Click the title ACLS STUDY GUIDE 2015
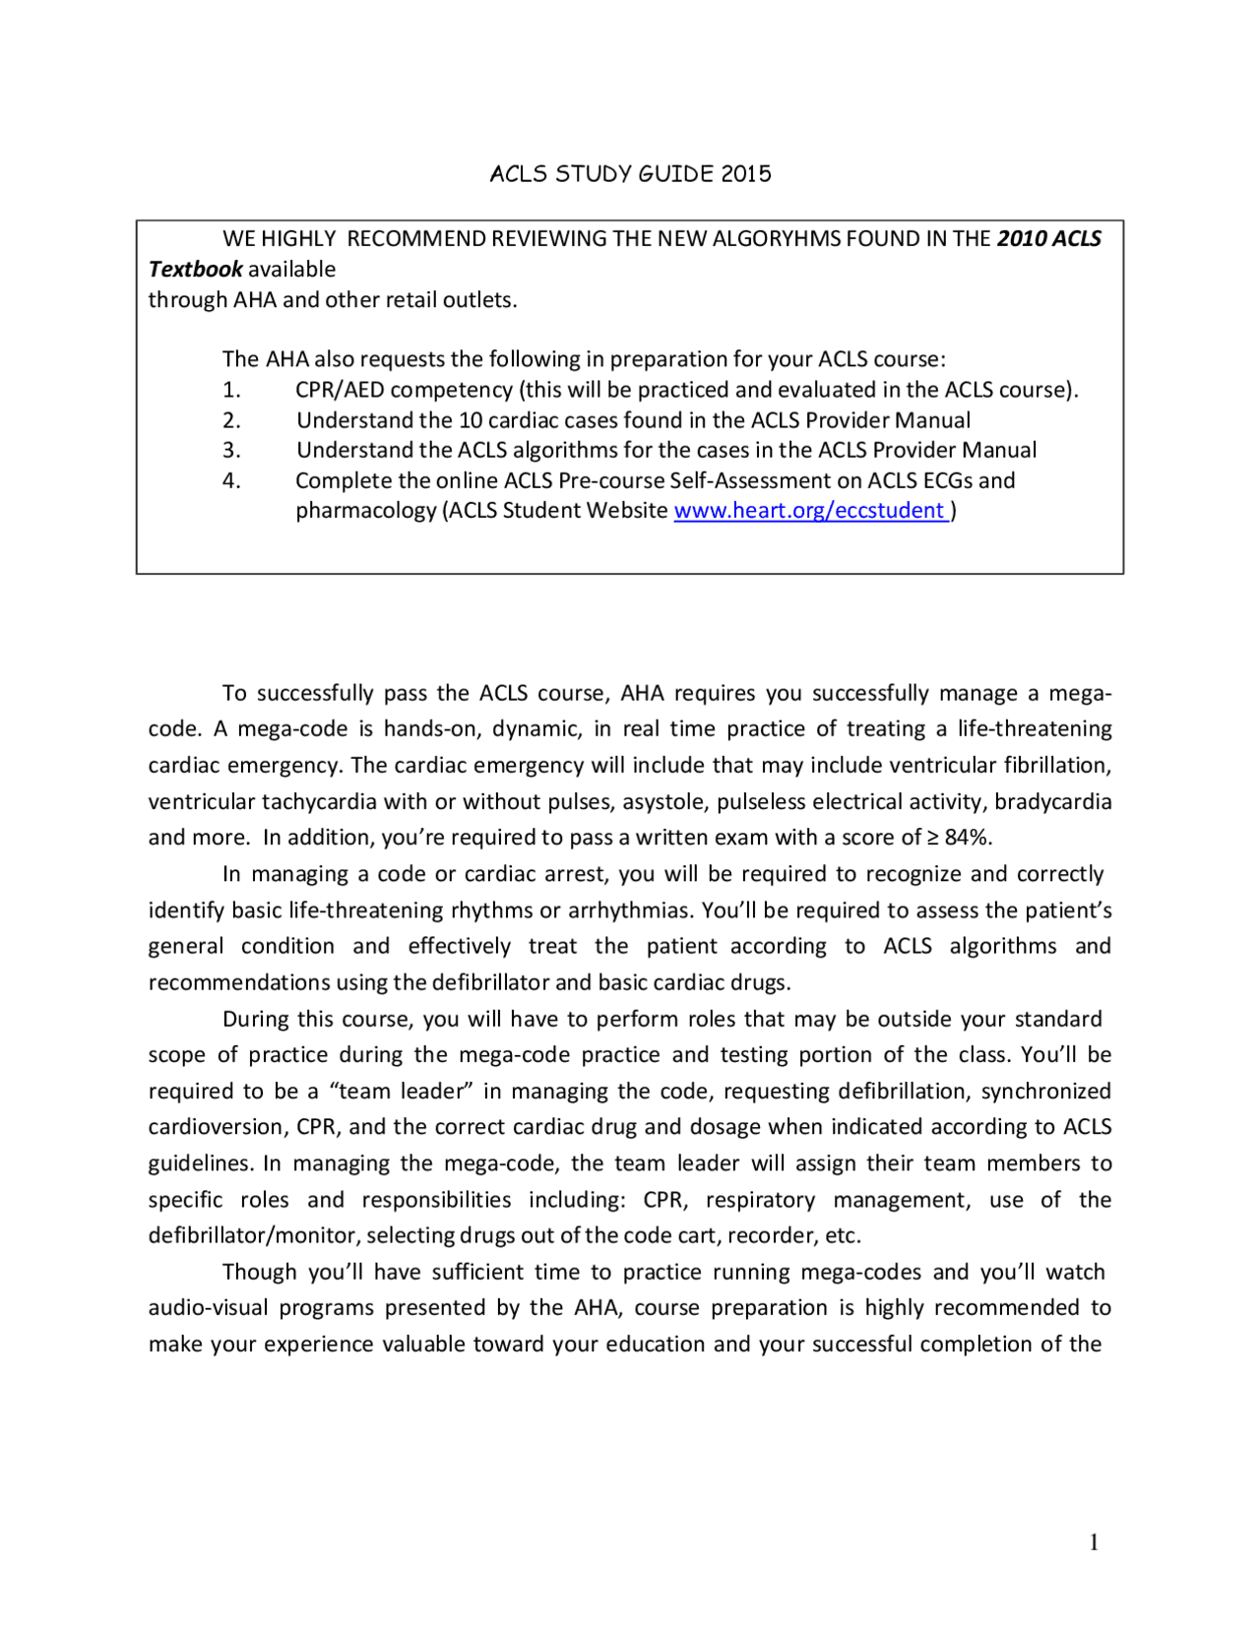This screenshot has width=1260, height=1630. pos(630,174)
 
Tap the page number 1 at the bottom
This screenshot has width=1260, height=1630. pos(1094,1542)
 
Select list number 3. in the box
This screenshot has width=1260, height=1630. pos(231,451)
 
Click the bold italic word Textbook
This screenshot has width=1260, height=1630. pos(195,270)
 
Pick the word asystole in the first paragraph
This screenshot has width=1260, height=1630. pos(663,802)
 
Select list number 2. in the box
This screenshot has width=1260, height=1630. pos(231,420)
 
